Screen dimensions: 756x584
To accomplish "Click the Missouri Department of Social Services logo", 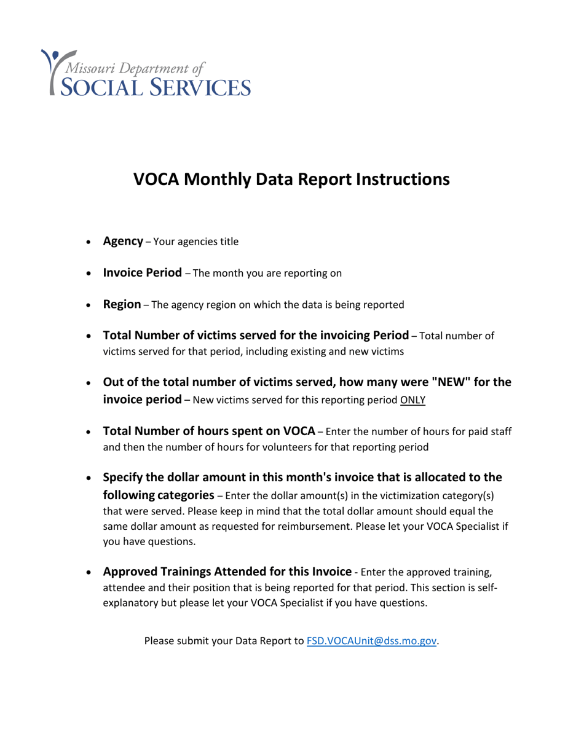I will point(146,72).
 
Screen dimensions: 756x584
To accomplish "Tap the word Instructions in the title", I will point(396,179).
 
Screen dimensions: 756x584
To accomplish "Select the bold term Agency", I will point(123,241).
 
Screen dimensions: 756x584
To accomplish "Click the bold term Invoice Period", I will point(142,272).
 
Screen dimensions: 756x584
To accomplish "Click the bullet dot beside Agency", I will point(90,242).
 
